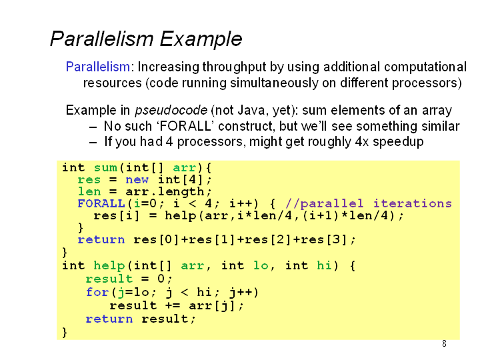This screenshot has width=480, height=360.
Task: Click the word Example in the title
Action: tap(201, 39)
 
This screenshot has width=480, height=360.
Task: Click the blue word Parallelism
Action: tap(98, 67)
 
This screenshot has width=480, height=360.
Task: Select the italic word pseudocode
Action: tap(171, 111)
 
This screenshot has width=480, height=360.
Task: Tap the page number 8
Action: tap(444, 344)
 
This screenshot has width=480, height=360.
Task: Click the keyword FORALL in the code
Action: tap(101, 203)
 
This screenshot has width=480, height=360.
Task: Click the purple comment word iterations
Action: tap(413, 203)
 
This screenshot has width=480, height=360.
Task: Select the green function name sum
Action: tap(105, 168)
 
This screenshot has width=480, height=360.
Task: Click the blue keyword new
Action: tap(137, 180)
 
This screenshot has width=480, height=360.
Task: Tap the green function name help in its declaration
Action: tap(109, 266)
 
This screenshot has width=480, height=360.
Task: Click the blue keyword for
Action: tap(97, 292)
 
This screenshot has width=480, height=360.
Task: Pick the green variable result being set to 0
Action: tap(109, 279)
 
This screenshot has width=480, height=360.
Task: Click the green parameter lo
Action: tap(261, 265)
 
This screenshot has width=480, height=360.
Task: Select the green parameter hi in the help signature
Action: tap(324, 265)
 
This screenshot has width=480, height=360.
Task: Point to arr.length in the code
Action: tap(165, 192)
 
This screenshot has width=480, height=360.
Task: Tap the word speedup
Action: tap(398, 142)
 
